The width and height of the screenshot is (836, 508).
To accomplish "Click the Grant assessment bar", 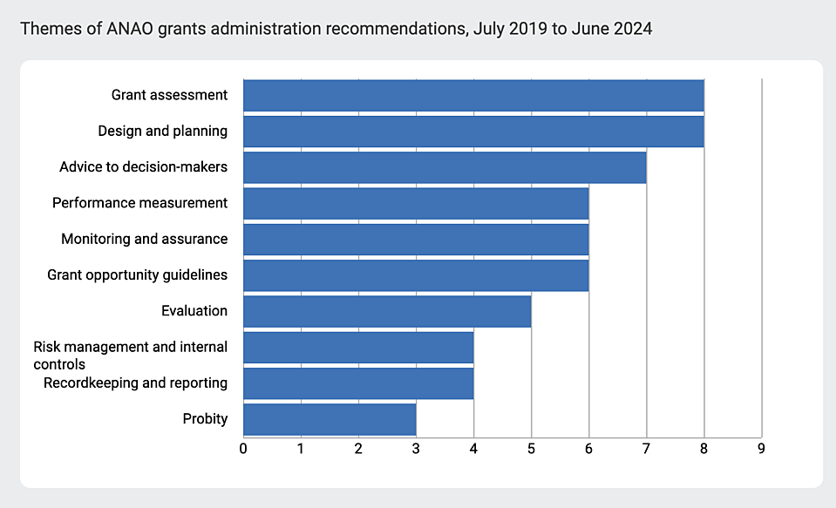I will (x=473, y=95).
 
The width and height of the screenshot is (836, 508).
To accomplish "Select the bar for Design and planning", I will (x=473, y=131).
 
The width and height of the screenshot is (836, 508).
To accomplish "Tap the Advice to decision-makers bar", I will (x=445, y=166).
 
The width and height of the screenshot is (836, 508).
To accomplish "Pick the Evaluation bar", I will (x=387, y=311).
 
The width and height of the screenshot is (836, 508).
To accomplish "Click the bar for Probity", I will (x=330, y=419).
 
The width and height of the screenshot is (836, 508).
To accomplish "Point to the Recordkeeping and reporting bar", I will (x=358, y=383).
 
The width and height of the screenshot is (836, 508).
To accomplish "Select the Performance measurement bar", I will (x=416, y=203).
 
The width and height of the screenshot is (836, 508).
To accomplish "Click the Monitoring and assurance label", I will (x=144, y=239).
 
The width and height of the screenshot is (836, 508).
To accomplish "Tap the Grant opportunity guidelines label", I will (x=137, y=274).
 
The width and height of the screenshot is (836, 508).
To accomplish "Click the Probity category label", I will (x=205, y=419).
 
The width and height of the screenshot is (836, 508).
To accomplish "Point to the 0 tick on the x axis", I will (x=243, y=449).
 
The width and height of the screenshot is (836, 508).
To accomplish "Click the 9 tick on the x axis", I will (x=761, y=449).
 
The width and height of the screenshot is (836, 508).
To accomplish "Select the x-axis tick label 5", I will (x=531, y=449).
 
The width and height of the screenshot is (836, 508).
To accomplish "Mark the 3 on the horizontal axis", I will (x=416, y=449).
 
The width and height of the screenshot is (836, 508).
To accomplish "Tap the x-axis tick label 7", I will (x=646, y=449).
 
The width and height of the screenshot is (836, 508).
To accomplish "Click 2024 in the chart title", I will (x=632, y=29).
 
